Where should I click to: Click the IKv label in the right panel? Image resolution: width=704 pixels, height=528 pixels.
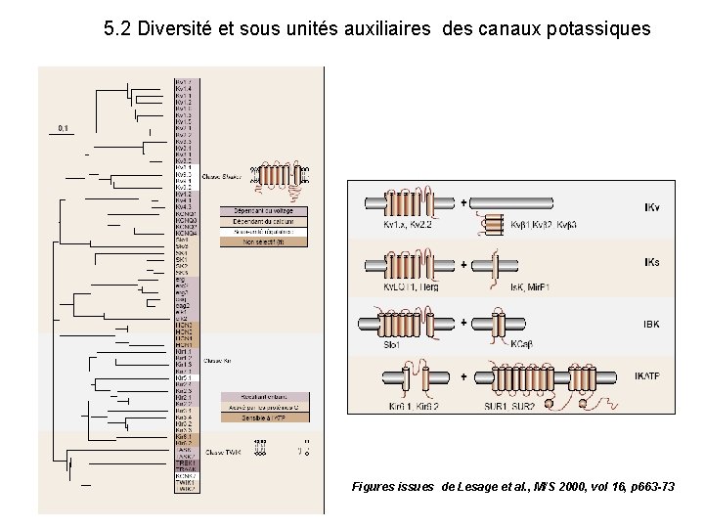pos(652,208)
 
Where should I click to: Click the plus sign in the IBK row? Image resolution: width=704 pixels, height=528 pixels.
pos(463,321)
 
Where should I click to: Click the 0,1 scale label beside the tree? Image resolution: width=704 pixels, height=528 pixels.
pos(64,128)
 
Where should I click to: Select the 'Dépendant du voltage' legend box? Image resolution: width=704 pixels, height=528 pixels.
pos(263,211)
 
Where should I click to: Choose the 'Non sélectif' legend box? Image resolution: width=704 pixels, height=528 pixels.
pos(263,241)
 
